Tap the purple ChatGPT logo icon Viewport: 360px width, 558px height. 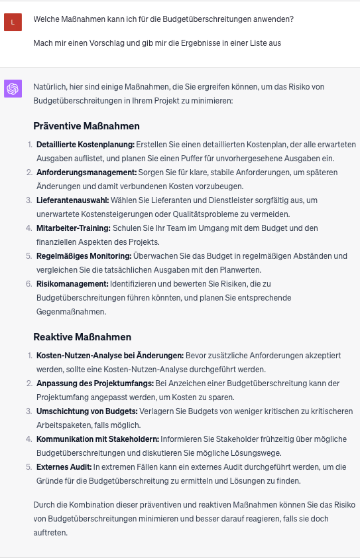pos(13,88)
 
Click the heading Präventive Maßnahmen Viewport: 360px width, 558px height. pos(86,126)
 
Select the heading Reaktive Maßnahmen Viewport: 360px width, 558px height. pos(82,337)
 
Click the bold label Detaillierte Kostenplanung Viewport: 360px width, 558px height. pos(85,145)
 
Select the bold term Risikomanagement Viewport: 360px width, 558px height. pos(72,284)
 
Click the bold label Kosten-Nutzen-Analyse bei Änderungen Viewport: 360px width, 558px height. pos(109,356)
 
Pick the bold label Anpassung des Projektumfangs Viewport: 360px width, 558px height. pos(94,384)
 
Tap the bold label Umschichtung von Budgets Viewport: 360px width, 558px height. pos(87,411)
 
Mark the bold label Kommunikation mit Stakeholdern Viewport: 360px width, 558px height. pos(97,439)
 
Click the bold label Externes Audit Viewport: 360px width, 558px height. pos(63,467)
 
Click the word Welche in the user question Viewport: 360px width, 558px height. pos(47,19)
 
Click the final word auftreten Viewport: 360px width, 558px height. pos(50,533)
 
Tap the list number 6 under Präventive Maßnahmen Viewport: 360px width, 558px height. pos(29,284)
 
